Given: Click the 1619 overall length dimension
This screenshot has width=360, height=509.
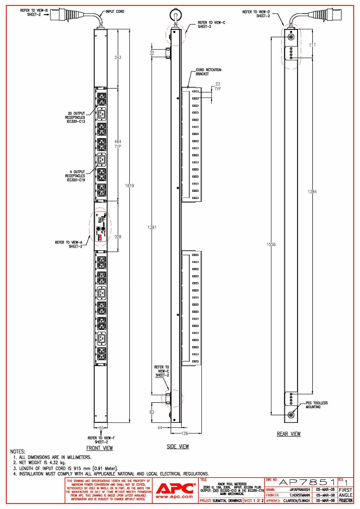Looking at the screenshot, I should tap(129, 186).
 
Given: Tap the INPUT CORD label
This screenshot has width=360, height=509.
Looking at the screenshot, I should tap(115, 12).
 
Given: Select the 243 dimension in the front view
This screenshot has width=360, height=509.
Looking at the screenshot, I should tap(118, 58).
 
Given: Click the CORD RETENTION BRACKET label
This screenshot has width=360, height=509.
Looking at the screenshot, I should tap(208, 72).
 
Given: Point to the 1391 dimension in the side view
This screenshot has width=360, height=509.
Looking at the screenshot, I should tap(152, 227).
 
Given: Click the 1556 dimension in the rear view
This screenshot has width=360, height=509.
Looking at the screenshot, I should tap(271, 245).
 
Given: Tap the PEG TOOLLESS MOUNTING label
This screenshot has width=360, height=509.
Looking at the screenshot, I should tap(316, 405).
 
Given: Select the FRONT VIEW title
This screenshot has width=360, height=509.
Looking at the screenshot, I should tap(100, 448).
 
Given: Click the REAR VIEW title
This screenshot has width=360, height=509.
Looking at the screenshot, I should tap(289, 434).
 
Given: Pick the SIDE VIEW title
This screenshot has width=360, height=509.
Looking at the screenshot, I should tap(178, 446).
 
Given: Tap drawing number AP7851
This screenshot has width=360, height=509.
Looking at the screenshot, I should tap(307, 482).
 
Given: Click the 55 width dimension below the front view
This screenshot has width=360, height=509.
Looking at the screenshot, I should tap(101, 428).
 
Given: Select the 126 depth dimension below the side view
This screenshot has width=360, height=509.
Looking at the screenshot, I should tap(184, 433).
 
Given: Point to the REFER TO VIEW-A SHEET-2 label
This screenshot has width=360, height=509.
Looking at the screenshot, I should tap(69, 244).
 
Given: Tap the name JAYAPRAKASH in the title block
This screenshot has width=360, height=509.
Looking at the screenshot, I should tap(300, 490).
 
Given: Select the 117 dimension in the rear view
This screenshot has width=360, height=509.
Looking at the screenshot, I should tap(312, 45).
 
